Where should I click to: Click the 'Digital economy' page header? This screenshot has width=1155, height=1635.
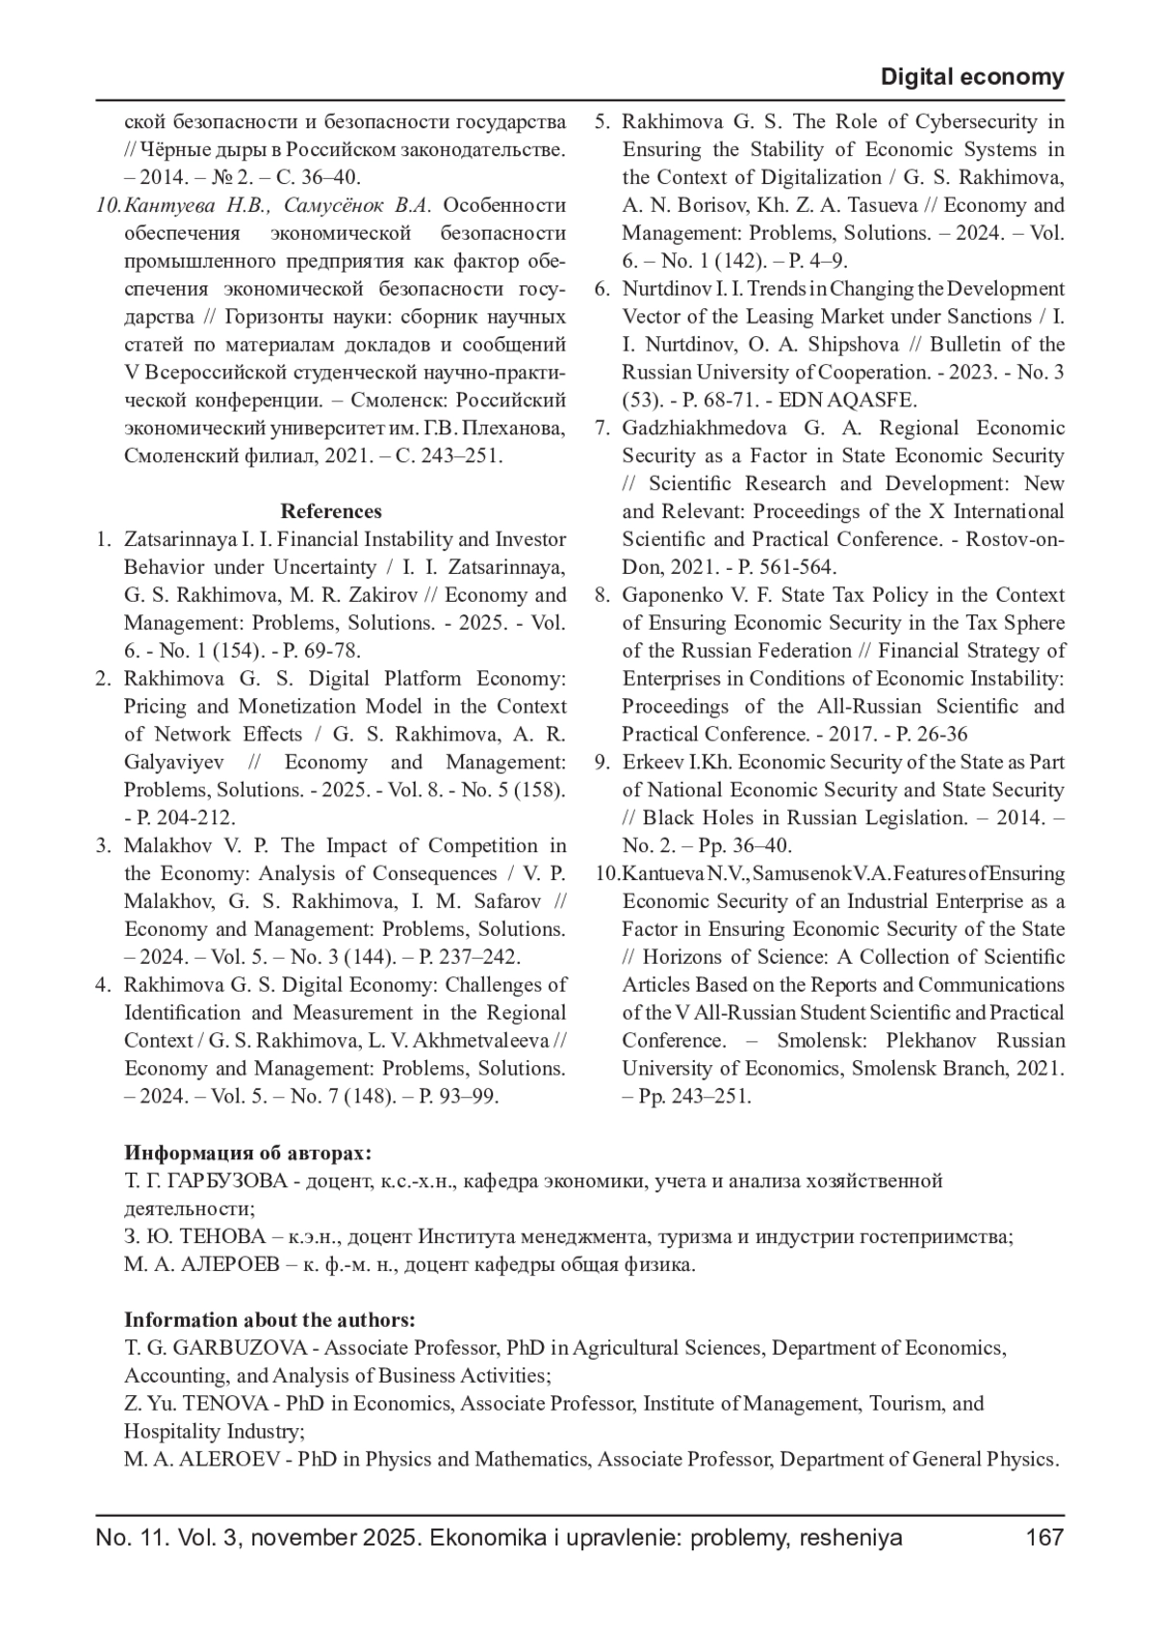point(972,77)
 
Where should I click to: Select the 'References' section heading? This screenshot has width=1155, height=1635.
point(331,511)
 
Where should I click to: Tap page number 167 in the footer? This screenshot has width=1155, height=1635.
point(1044,1538)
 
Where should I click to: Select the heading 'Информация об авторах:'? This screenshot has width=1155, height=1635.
point(247,1154)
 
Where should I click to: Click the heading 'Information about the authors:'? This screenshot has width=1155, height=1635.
point(269,1320)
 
